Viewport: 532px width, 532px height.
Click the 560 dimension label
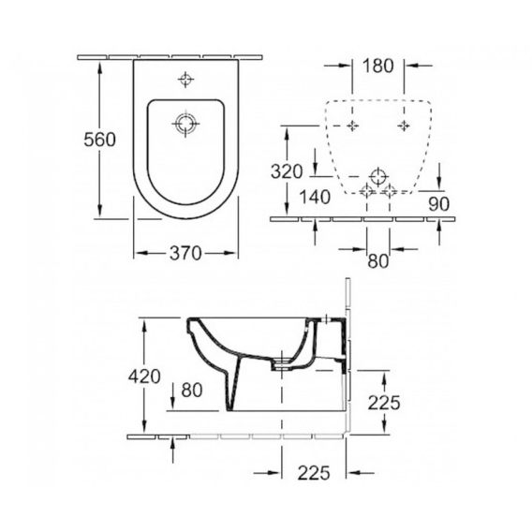click(99, 140)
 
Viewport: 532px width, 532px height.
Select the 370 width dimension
click(185, 253)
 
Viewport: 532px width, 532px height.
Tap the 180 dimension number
click(378, 66)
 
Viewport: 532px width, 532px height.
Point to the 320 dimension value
click(287, 171)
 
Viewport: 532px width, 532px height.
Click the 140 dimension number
click(315, 197)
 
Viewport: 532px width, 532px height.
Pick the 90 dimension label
click(438, 204)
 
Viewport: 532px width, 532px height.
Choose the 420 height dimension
click(144, 377)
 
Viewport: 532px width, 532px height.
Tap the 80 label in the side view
click(192, 390)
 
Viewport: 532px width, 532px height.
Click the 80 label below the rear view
click(377, 261)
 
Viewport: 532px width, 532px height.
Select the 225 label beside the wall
click(384, 403)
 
